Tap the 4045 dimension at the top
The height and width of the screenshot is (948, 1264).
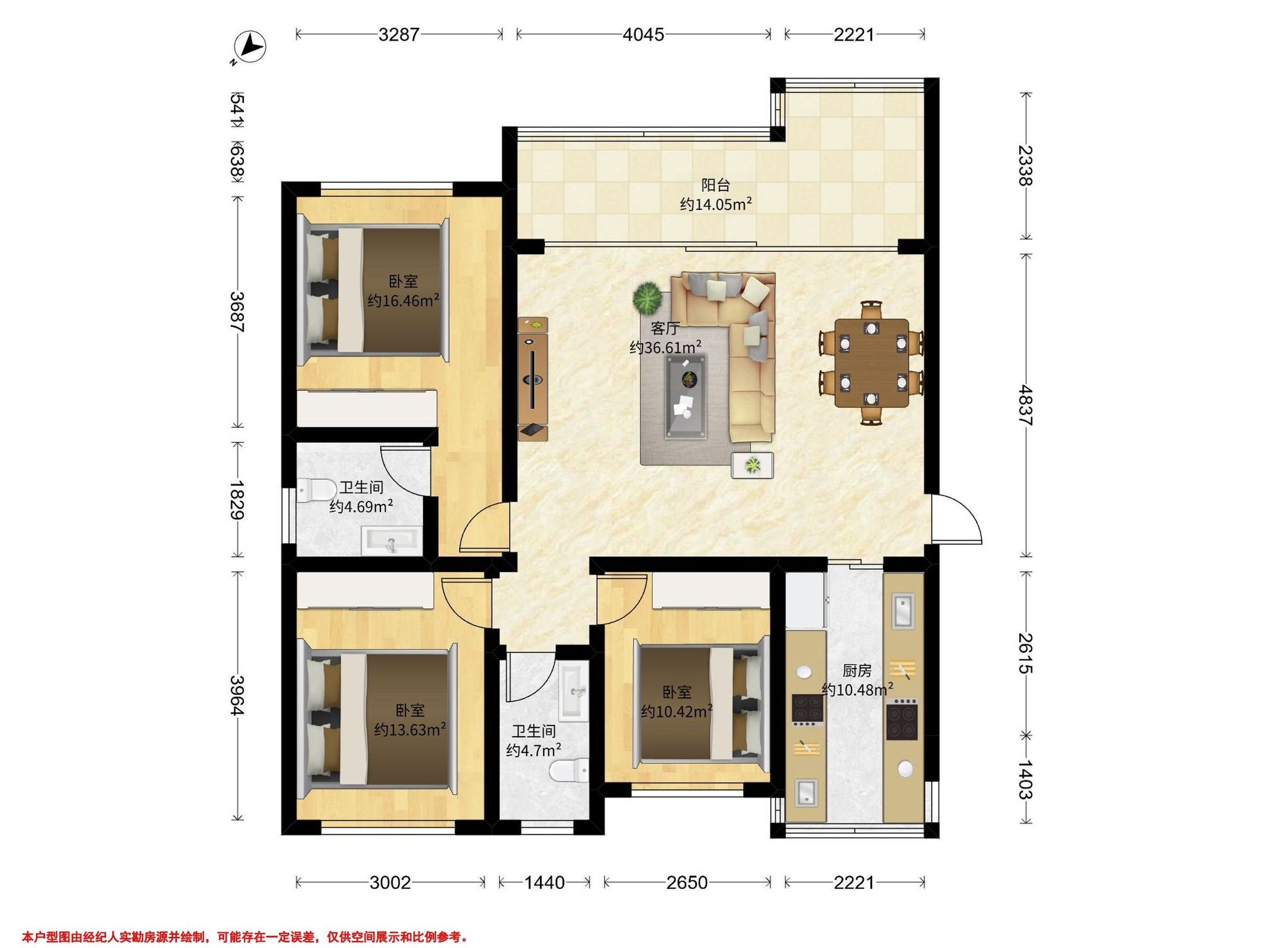tap(644, 35)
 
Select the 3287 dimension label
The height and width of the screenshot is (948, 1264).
tap(399, 35)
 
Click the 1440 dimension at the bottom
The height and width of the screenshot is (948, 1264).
tap(545, 883)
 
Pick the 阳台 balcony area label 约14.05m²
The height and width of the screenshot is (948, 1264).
tap(715, 204)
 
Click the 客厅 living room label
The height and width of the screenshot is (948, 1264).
tap(665, 328)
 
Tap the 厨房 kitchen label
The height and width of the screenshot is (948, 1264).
tap(856, 670)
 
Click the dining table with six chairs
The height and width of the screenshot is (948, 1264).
tap(871, 363)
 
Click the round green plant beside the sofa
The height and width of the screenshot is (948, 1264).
tap(647, 298)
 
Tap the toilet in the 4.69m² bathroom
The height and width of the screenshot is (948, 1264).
tap(317, 490)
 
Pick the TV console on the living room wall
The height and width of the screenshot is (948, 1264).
tap(532, 378)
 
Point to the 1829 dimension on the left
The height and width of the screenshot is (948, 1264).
tap(236, 499)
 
